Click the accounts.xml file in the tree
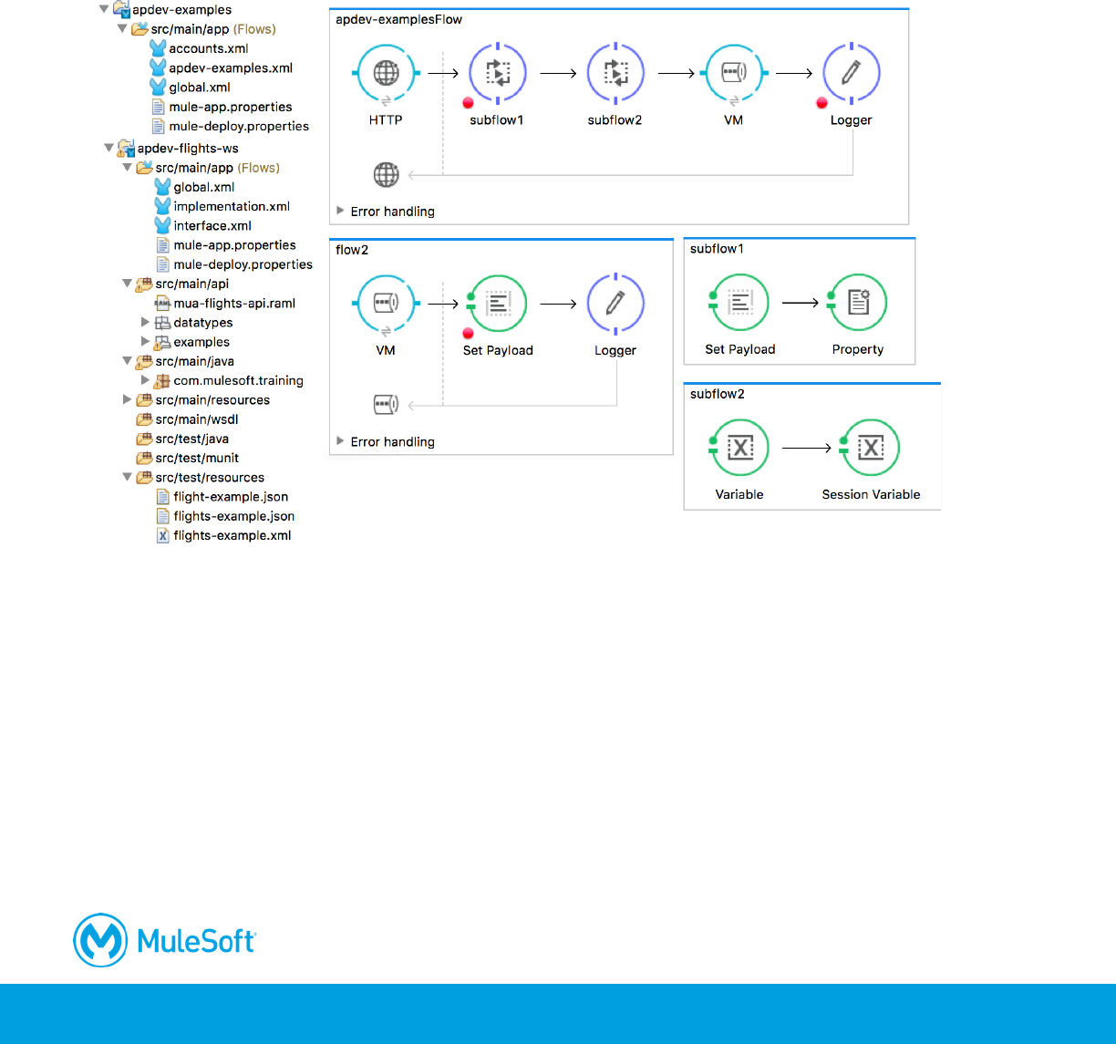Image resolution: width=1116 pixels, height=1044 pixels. [208, 48]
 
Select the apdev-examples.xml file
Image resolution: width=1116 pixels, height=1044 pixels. [230, 67]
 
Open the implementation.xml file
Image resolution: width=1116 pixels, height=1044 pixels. [232, 206]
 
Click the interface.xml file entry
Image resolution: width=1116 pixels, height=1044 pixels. [212, 225]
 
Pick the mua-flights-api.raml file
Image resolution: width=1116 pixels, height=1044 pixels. [234, 303]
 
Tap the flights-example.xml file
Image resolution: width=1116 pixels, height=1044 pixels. [232, 535]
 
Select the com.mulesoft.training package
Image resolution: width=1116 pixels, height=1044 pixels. [238, 380]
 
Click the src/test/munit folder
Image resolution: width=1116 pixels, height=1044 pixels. [197, 458]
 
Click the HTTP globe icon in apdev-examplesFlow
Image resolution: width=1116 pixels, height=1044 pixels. [386, 73]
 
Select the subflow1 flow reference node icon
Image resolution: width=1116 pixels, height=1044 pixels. [497, 73]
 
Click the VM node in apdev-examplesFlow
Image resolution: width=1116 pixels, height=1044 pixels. [734, 73]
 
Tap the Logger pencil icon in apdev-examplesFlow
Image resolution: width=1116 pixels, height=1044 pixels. [852, 73]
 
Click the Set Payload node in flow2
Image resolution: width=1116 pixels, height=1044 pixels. [498, 304]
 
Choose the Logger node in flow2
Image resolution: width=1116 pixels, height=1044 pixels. [615, 304]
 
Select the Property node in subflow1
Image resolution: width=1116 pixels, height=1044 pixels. [858, 303]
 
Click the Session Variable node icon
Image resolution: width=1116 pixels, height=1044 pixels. [871, 448]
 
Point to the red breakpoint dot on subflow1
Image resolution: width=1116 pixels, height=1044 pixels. [468, 103]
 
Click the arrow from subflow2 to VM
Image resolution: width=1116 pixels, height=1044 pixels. [676, 73]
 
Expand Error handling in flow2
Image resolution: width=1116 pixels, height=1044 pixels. [340, 441]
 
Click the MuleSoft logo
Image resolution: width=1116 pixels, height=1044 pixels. [165, 939]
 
